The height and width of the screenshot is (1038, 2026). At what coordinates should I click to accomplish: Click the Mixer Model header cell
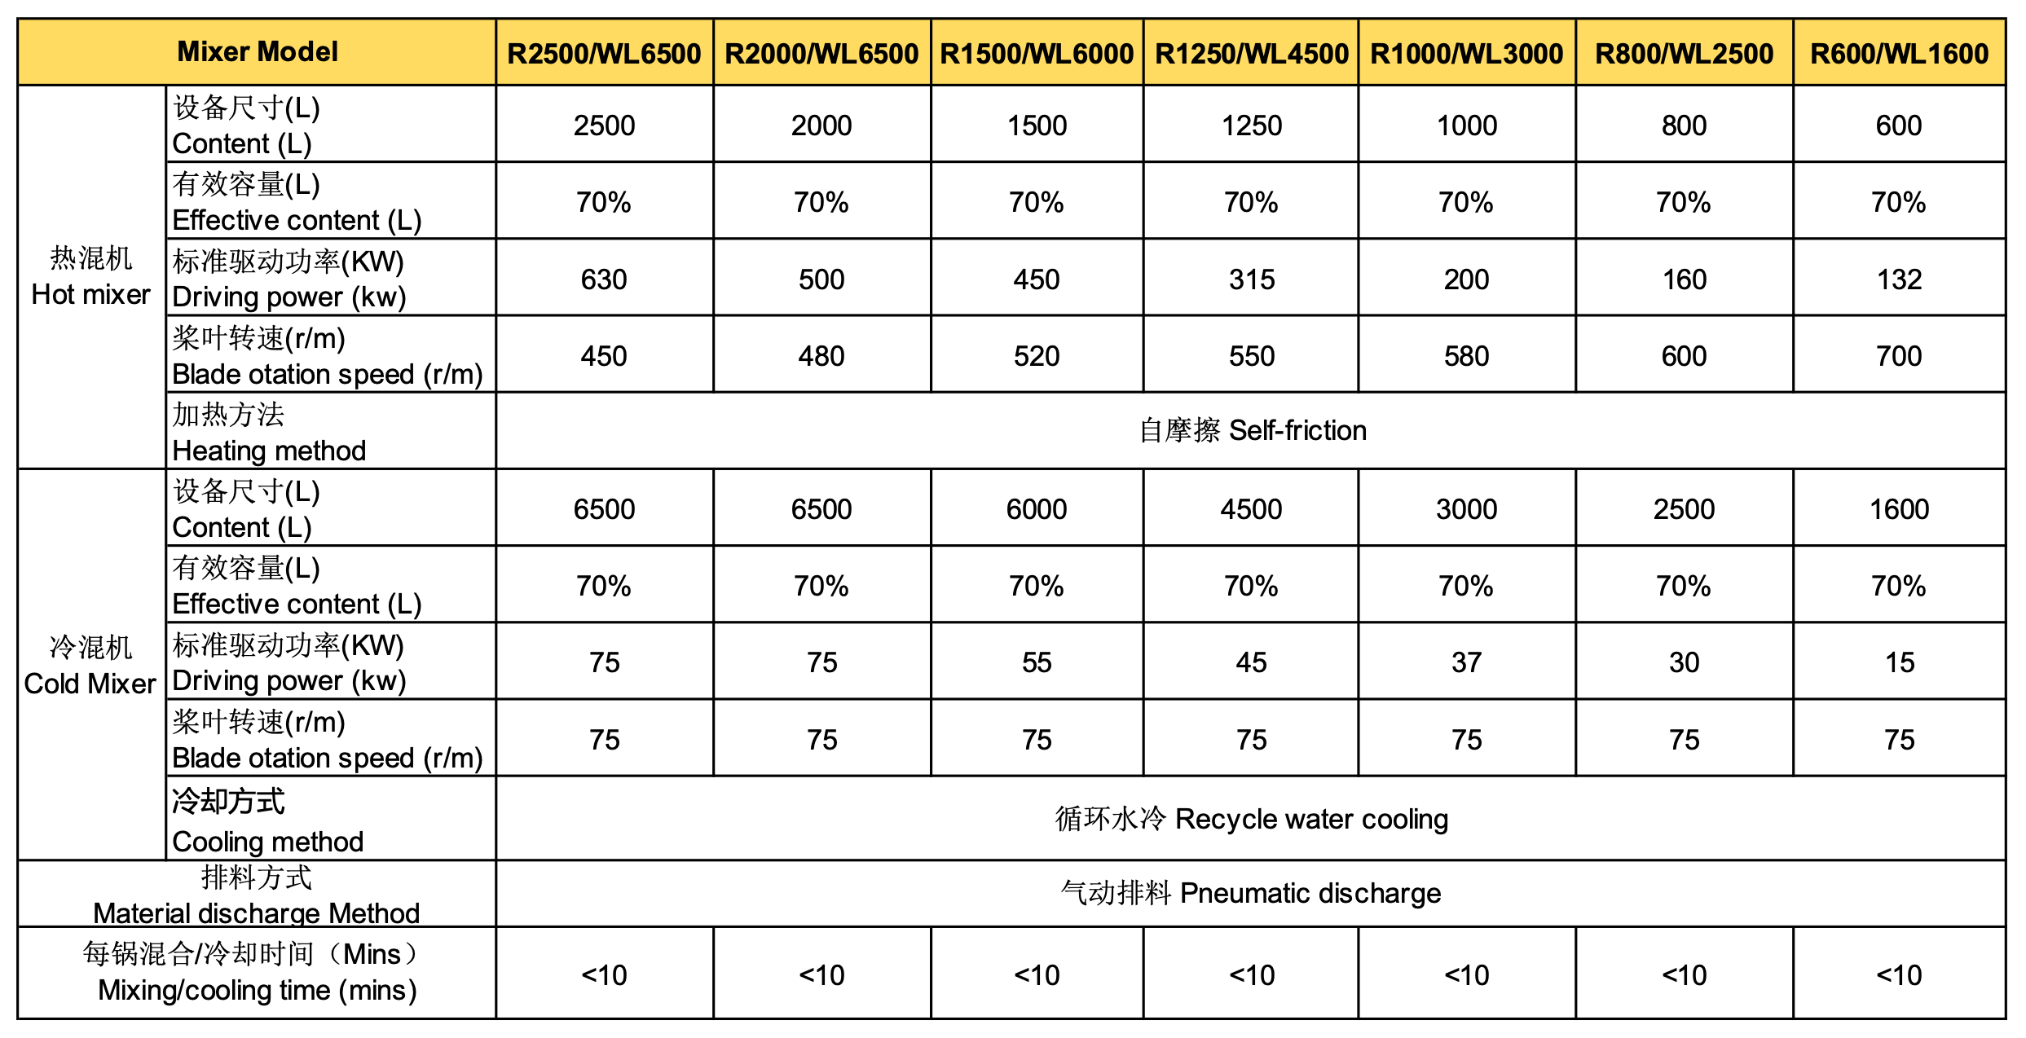257,52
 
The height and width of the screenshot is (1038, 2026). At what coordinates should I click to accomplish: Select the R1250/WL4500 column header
1251,54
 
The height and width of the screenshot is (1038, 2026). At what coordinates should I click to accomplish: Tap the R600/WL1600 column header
1899,54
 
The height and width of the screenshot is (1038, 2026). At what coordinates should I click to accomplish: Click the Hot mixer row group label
90,277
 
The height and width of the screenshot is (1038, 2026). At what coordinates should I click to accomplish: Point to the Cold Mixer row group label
90,666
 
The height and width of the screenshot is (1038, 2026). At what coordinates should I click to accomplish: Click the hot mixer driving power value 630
604,279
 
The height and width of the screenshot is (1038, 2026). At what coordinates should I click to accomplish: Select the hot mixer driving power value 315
1251,279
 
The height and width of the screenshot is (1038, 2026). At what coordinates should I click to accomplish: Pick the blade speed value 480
821,356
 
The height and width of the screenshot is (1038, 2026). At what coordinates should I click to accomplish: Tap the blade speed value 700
1899,356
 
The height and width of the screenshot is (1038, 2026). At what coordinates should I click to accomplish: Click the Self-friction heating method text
1253,430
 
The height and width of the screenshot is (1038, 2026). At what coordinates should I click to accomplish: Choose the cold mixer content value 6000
1036,509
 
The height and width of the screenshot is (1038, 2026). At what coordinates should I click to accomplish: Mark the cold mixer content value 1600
1899,509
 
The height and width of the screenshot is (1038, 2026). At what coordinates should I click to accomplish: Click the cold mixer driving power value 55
1036,662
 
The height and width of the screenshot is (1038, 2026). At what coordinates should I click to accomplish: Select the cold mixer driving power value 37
1466,662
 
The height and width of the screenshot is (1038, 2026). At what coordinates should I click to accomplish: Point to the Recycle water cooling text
1251,819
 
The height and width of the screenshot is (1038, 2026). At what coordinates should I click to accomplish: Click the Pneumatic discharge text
1251,893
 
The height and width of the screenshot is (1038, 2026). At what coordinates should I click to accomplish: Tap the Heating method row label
269,433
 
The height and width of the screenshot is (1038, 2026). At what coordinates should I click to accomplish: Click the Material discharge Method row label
257,895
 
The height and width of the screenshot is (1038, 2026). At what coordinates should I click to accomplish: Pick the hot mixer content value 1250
1251,125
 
